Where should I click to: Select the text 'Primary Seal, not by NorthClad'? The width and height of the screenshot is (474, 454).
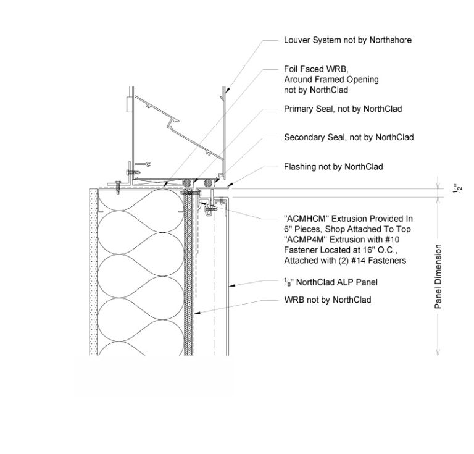click(x=343, y=109)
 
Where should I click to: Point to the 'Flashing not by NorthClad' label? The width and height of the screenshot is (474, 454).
click(x=333, y=167)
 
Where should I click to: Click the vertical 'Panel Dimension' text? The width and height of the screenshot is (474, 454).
click(x=438, y=276)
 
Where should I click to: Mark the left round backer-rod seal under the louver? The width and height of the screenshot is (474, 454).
click(x=187, y=182)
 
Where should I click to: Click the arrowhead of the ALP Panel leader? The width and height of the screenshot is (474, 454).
click(x=230, y=285)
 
